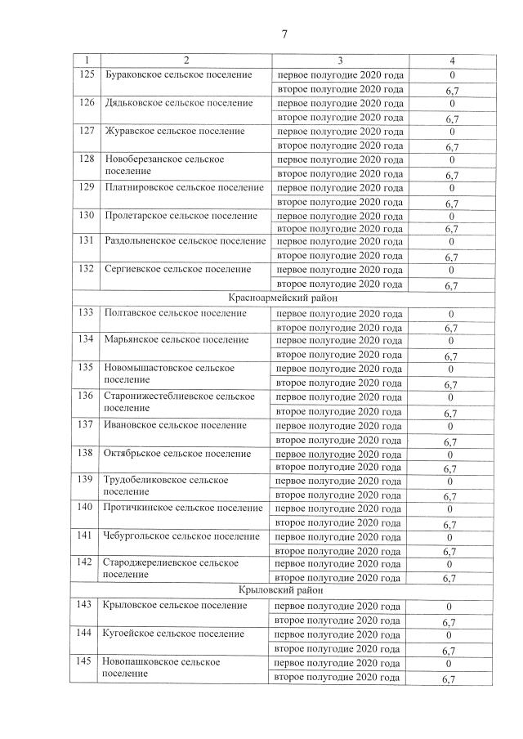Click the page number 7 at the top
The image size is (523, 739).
pyautogui.click(x=284, y=34)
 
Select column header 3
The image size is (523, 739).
pyautogui.click(x=340, y=61)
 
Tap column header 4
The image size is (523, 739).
pyautogui.click(x=452, y=61)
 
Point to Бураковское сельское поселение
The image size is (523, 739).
pyautogui.click(x=177, y=75)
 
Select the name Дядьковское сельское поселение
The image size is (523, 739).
pyautogui.click(x=178, y=103)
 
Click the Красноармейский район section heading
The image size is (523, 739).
pyautogui.click(x=283, y=298)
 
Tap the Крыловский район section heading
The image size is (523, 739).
pyautogui.click(x=283, y=590)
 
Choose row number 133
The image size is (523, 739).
pyautogui.click(x=86, y=313)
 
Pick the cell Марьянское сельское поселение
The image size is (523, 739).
pyautogui.click(x=177, y=339)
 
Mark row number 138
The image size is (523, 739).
pyautogui.click(x=86, y=453)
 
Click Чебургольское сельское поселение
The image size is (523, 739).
pyautogui.click(x=181, y=536)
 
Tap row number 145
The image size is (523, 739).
pyautogui.click(x=86, y=661)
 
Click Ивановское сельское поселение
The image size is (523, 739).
pyautogui.click(x=175, y=425)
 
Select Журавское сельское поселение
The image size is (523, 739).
pyautogui.click(x=174, y=131)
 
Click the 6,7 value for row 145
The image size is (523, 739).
pyautogui.click(x=449, y=679)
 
